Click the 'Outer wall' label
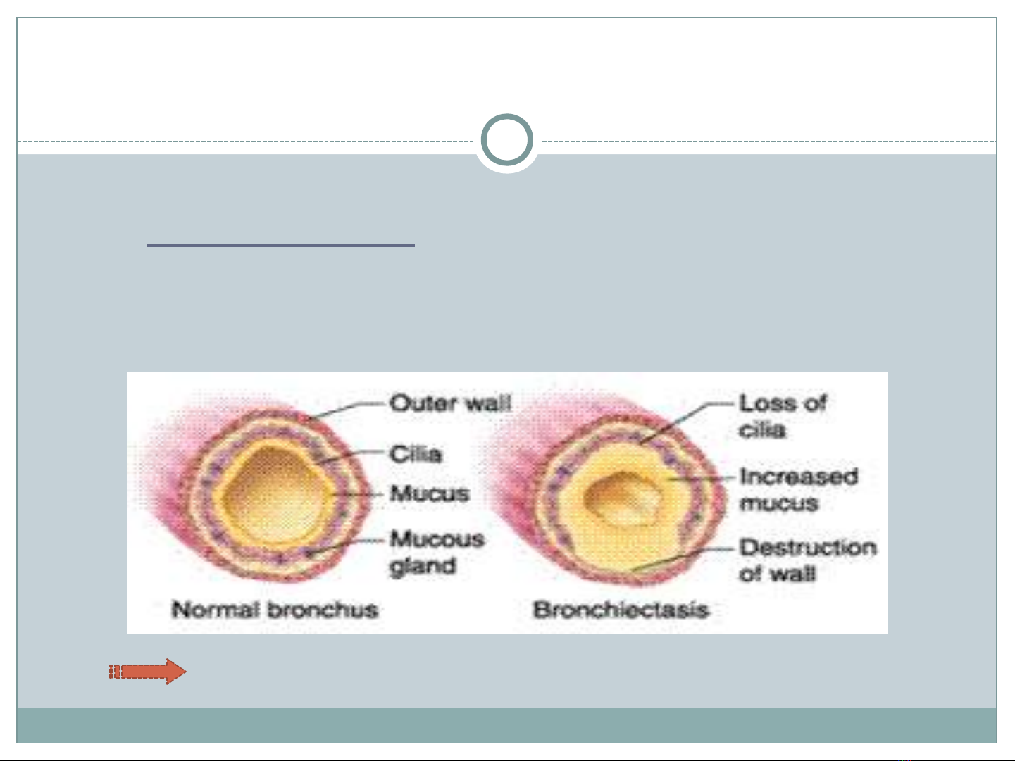point(450,403)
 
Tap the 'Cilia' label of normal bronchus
point(416,454)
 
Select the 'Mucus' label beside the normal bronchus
point(430,493)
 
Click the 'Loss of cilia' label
point(783,417)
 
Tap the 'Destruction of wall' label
point(807,560)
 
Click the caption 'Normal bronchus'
point(275,610)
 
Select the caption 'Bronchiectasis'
point(621,610)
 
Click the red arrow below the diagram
point(147,672)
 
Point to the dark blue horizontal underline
point(280,246)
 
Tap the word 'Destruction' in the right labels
point(807,548)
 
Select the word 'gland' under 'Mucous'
point(423,567)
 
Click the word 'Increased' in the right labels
point(799,477)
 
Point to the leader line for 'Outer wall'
point(347,410)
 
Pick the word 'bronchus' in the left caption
point(323,610)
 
